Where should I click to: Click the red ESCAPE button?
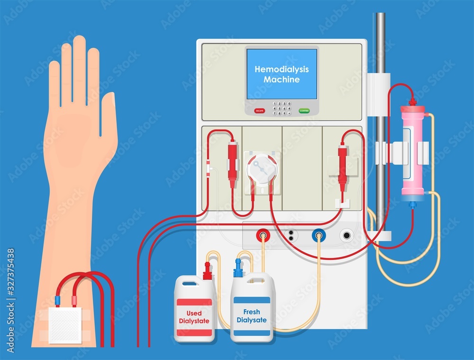pos(259,111)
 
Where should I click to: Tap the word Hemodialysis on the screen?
pos(282,69)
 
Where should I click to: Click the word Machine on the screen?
pos(282,80)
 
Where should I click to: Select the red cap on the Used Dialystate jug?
pos(207,272)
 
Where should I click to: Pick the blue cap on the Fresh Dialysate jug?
pos(238,269)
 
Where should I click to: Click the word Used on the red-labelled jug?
pos(194,313)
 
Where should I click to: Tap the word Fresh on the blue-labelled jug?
pos(252,312)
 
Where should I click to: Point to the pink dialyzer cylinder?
pos(412,152)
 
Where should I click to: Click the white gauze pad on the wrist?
pos(65,325)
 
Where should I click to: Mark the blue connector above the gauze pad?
pos(57,300)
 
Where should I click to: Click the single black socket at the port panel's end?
pos(347,235)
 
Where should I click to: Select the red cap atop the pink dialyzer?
pos(412,102)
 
